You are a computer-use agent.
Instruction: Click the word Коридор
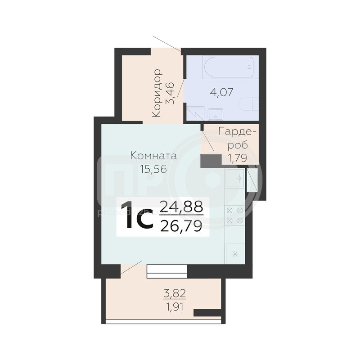[157, 93]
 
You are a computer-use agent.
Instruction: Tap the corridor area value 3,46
[171, 94]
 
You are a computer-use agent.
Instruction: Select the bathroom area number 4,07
[221, 92]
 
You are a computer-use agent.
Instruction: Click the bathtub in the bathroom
[229, 67]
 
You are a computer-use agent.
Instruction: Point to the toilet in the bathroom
[248, 104]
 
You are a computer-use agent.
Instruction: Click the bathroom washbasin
[216, 114]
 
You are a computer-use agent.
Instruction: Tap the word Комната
[153, 156]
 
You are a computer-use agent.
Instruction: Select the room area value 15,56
[153, 169]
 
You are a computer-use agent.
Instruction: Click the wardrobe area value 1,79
[237, 158]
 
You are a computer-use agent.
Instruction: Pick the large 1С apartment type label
[137, 216]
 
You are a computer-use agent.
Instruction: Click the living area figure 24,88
[181, 207]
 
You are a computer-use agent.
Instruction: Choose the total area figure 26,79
[181, 226]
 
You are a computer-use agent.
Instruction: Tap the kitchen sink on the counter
[234, 178]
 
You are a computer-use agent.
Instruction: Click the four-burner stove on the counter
[234, 216]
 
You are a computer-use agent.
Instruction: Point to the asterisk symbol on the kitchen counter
[234, 254]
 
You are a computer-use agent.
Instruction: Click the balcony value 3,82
[175, 294]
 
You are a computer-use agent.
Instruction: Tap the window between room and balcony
[167, 271]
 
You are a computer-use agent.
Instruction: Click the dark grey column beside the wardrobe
[211, 161]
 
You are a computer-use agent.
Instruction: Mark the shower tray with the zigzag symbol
[195, 113]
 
